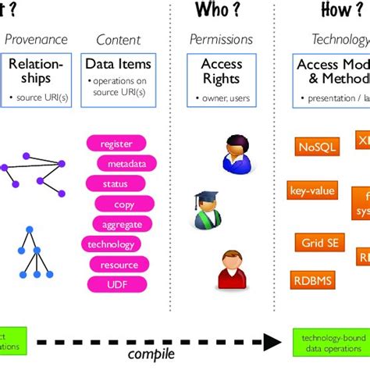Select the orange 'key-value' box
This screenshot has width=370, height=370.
[x=312, y=190]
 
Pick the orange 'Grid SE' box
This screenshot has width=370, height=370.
[x=318, y=242]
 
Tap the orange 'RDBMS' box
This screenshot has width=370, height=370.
[x=312, y=280]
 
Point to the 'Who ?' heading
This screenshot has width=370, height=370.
[x=219, y=10]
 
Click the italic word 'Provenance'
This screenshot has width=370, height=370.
[x=36, y=39]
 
